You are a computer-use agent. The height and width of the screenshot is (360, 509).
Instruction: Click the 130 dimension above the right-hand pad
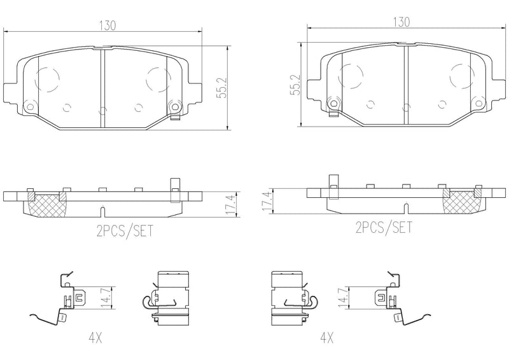[400, 22]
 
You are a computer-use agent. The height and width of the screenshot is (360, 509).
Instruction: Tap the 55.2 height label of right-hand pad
[293, 83]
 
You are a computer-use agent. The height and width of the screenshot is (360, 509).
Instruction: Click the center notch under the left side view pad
[102, 210]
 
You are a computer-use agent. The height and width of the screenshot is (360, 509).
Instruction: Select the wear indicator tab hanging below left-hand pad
[172, 115]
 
